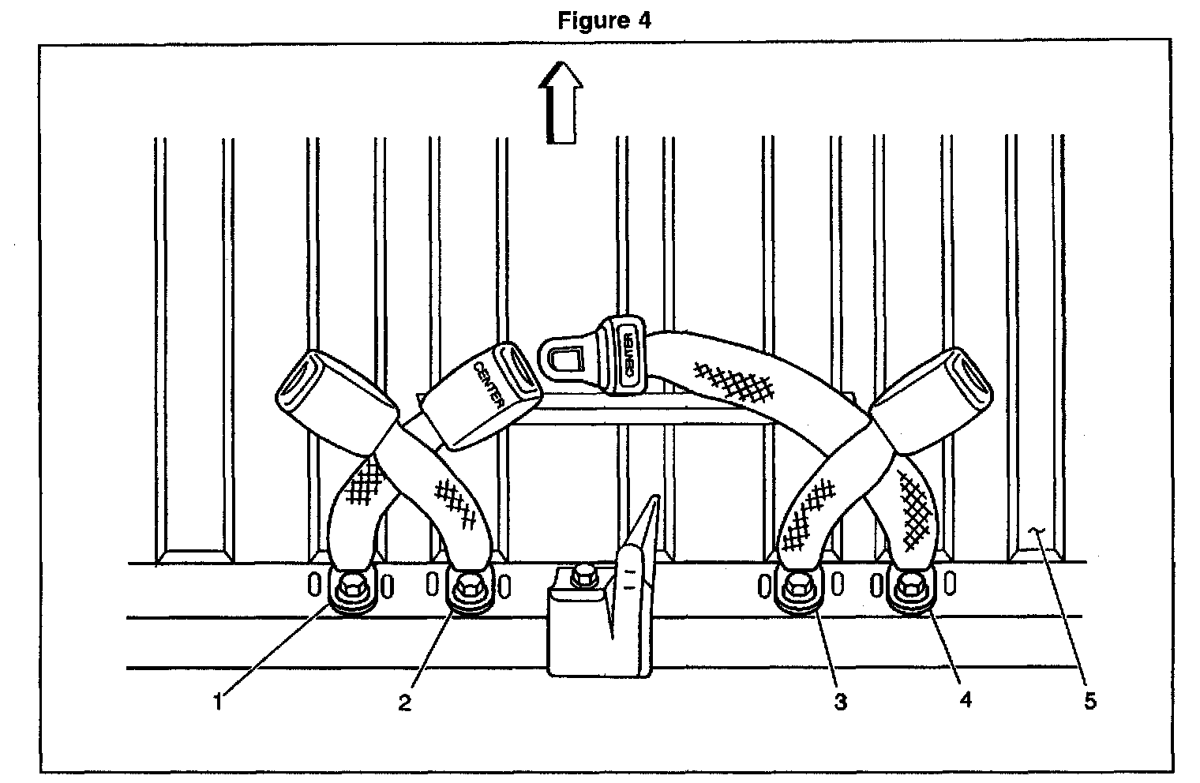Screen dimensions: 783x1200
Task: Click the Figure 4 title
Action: pos(604,20)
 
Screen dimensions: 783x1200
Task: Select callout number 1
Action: pos(220,699)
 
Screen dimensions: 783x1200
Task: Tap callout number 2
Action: pos(405,702)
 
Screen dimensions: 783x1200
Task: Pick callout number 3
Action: pos(841,701)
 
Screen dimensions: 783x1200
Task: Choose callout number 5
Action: pos(1090,700)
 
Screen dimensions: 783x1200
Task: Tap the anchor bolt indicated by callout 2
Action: pos(468,586)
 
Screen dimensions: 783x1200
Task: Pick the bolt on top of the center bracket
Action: pos(584,574)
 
